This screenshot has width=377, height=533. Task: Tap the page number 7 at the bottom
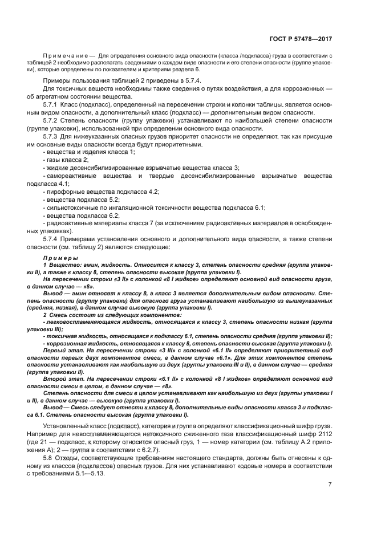(330, 485)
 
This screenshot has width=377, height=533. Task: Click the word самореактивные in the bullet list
(72, 176)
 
